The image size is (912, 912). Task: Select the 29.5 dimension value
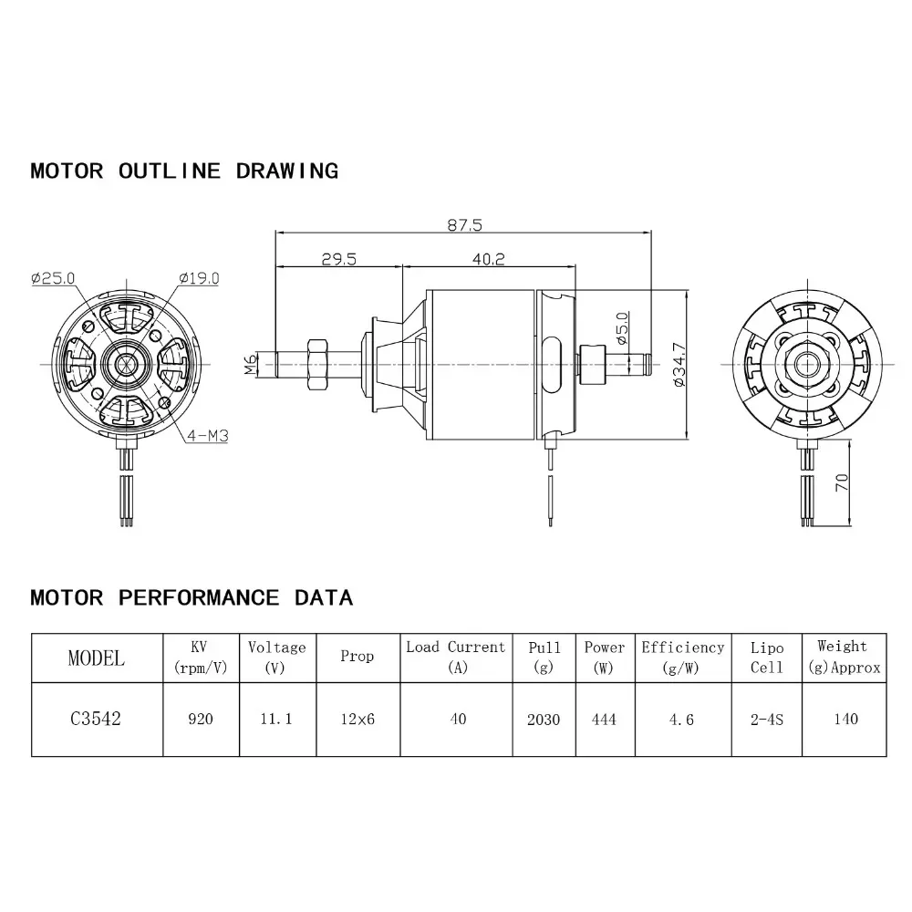coord(338,259)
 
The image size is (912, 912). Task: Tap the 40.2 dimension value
coord(489,259)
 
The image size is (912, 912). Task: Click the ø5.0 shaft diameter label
coord(622,327)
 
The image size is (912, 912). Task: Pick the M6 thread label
coord(251,365)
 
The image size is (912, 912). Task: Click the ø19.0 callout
coord(199,278)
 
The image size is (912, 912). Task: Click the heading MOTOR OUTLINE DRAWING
coord(184,171)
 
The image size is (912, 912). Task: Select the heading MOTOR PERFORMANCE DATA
coord(192,598)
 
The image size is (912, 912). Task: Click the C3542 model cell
coord(96,719)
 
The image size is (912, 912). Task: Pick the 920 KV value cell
coord(201,719)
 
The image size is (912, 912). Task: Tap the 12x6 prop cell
coord(357,719)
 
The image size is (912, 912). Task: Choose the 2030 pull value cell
coord(544,719)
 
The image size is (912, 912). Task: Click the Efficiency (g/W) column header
coord(682,657)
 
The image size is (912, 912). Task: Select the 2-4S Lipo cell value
coord(767,719)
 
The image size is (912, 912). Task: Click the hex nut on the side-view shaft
coord(319,364)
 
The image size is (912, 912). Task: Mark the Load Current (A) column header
coord(456,657)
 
